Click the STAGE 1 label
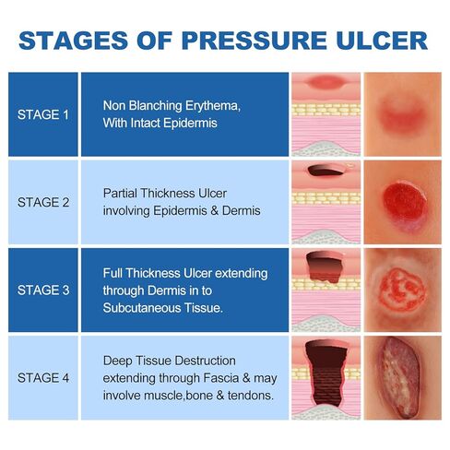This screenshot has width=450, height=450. (x=43, y=115)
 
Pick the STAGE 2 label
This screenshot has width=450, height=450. (x=43, y=202)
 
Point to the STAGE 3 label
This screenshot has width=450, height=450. (x=43, y=290)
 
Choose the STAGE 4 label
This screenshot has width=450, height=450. (x=43, y=376)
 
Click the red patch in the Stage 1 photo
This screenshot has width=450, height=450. (x=402, y=114)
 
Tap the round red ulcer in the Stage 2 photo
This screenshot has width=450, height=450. (x=401, y=200)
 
